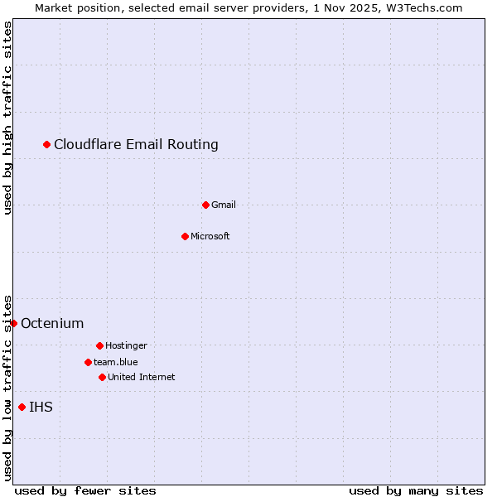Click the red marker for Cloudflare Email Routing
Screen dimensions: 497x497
point(47,145)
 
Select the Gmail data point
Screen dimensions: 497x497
point(205,205)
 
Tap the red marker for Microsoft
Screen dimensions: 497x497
point(185,236)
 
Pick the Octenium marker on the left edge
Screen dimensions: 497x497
point(14,323)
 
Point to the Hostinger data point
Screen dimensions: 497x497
point(99,345)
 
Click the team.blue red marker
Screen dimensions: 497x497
point(88,362)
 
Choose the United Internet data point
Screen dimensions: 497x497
point(102,377)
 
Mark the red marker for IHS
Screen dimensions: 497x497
point(22,407)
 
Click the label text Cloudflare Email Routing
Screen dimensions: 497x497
point(136,145)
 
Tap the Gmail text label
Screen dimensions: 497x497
point(224,205)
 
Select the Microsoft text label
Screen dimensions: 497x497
point(210,236)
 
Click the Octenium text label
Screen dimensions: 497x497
point(52,323)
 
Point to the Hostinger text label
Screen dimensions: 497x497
point(126,345)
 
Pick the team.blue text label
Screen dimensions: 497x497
point(116,362)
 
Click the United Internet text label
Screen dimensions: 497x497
point(142,377)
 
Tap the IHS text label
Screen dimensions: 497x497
point(41,407)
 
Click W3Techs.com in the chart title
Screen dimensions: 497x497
point(423,7)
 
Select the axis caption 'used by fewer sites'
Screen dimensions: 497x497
point(85,490)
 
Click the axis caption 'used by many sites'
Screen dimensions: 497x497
point(416,490)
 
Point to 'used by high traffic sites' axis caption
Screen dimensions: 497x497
point(8,118)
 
